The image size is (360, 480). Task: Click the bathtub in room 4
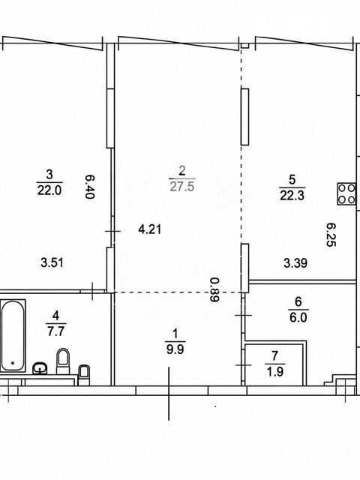tap(13, 335)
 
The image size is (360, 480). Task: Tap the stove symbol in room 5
tap(346, 193)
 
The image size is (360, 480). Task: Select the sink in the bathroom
tap(40, 368)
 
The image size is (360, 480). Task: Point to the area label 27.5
tap(182, 187)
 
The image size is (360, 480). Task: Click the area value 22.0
tap(49, 190)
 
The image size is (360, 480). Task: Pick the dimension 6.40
tap(90, 187)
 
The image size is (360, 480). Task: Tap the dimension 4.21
tap(149, 229)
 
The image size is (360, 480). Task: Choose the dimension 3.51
tap(52, 262)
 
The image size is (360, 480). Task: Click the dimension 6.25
tap(331, 235)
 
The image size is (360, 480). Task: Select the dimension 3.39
tap(295, 263)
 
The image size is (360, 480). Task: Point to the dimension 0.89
tap(215, 289)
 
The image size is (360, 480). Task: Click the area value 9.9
tap(175, 349)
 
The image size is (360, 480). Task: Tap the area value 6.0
tap(298, 317)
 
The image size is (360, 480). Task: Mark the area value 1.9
tap(275, 371)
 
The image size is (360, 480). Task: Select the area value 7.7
tap(55, 331)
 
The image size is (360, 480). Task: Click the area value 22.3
tap(292, 195)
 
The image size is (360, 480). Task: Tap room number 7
tap(275, 355)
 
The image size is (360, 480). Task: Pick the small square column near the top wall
tap(244, 45)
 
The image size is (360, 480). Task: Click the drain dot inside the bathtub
tap(13, 363)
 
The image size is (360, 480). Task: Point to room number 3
tap(49, 175)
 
